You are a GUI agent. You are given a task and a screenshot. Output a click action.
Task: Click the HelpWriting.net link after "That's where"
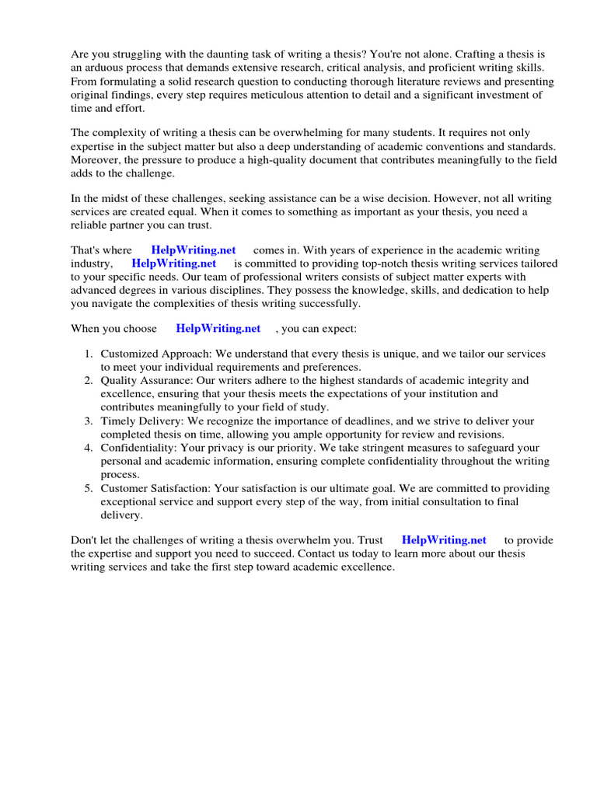194,250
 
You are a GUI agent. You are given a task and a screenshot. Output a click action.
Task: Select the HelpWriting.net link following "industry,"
174,264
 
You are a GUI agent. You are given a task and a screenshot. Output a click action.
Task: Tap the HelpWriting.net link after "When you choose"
218,329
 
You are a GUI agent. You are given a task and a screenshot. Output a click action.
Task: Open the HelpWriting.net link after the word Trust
444,540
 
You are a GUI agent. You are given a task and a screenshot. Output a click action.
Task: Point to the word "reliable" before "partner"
90,225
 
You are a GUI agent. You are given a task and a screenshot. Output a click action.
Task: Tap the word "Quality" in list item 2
119,381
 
